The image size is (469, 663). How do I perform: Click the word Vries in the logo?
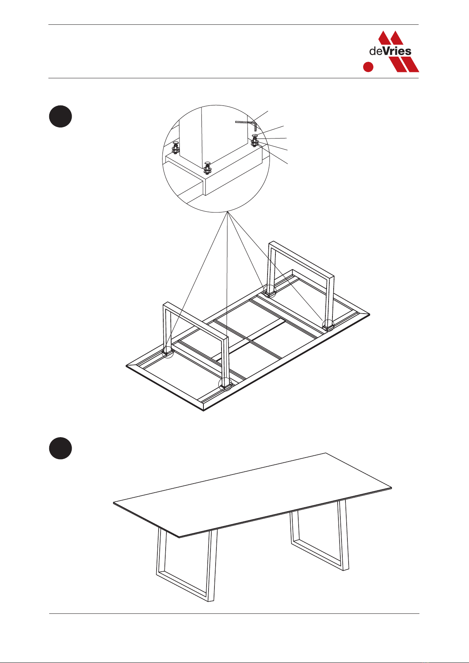point(397,51)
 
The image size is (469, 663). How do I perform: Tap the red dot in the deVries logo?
point(368,66)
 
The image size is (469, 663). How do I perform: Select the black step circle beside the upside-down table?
point(60,116)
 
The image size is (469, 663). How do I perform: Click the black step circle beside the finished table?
point(60,448)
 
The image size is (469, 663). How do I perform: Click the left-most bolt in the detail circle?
point(175,148)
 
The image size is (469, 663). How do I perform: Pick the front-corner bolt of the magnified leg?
point(207,168)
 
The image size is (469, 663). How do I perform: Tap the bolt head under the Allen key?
point(255,140)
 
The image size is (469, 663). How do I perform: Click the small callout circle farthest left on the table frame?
point(168,352)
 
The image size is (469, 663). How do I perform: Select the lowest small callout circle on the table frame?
point(225,384)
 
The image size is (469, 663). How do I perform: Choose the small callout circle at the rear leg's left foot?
point(270,291)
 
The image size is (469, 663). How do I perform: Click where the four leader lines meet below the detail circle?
point(227,212)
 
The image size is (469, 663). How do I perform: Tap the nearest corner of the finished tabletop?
point(179,537)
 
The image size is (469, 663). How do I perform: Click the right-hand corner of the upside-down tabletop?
point(369,314)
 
